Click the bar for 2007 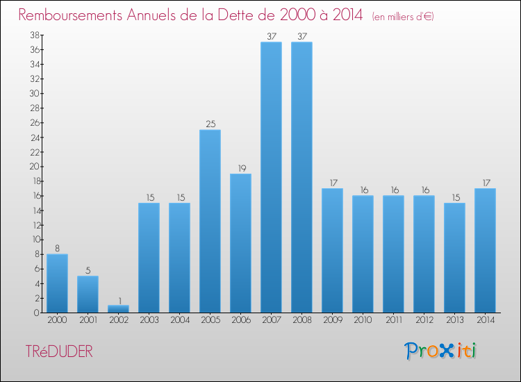pyautogui.click(x=271, y=177)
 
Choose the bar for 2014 pyautogui.click(x=485, y=250)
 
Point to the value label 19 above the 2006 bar pyautogui.click(x=240, y=168)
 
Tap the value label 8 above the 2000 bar pyautogui.click(x=57, y=249)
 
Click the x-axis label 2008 pyautogui.click(x=301, y=321)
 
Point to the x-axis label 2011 pyautogui.click(x=393, y=321)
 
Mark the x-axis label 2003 pyautogui.click(x=149, y=321)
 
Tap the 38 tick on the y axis pyautogui.click(x=33, y=35)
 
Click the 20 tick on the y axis pyautogui.click(x=33, y=167)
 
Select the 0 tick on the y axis pyautogui.click(x=35, y=313)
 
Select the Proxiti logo pyautogui.click(x=441, y=351)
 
